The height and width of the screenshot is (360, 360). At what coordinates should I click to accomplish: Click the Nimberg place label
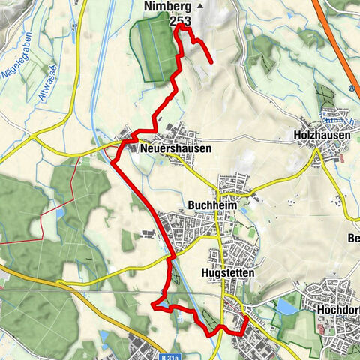click(167, 7)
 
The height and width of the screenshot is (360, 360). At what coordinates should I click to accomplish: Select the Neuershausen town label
click(175, 149)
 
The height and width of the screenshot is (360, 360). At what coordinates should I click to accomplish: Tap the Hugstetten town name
click(229, 274)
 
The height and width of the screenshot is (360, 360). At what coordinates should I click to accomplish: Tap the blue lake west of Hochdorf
click(287, 306)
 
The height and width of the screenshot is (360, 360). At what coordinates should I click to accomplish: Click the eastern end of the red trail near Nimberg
click(213, 62)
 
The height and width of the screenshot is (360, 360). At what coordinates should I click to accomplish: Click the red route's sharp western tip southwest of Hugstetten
click(154, 305)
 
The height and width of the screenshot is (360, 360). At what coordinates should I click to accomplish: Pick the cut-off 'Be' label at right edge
click(353, 239)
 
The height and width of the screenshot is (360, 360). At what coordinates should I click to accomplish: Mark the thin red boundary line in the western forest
click(45, 221)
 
